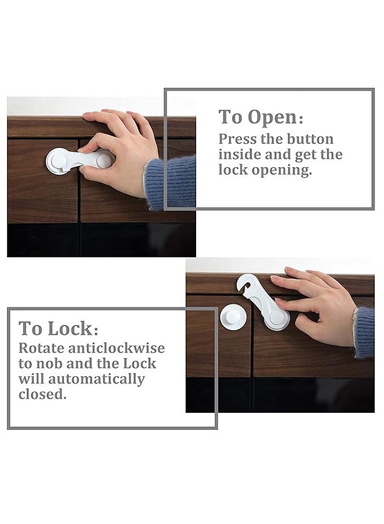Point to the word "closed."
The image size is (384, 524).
pyautogui.click(x=42, y=394)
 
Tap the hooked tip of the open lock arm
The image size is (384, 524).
pyautogui.click(x=244, y=283)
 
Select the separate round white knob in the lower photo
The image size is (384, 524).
pyautogui.click(x=233, y=317)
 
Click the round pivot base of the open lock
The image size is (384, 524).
pyautogui.click(x=277, y=318)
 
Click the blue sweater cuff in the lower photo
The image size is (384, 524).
pyautogui.click(x=364, y=332)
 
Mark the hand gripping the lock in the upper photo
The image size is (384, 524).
pyautogui.click(x=119, y=151)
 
